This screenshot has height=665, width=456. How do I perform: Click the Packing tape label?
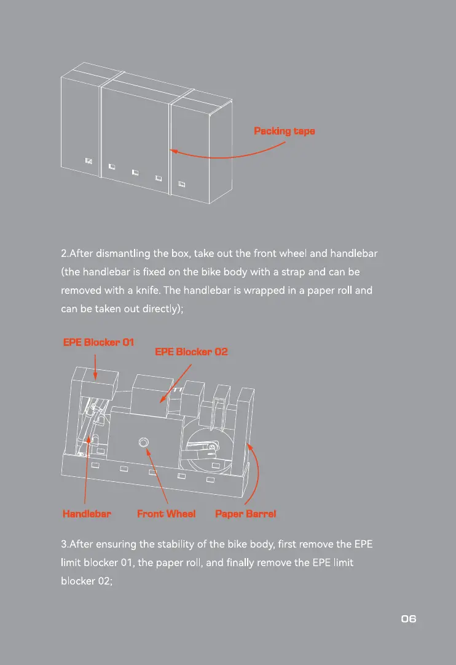click(x=285, y=131)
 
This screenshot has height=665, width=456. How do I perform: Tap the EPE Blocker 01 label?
click(x=99, y=342)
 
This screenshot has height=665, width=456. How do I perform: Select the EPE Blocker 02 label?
click(x=191, y=352)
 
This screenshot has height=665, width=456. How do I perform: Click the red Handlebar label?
click(x=87, y=513)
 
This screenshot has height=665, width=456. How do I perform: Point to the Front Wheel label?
click(x=166, y=513)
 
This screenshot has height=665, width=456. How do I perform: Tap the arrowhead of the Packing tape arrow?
click(x=173, y=150)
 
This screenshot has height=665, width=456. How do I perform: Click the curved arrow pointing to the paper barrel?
click(x=257, y=473)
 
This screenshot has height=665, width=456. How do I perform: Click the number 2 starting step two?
click(x=64, y=253)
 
